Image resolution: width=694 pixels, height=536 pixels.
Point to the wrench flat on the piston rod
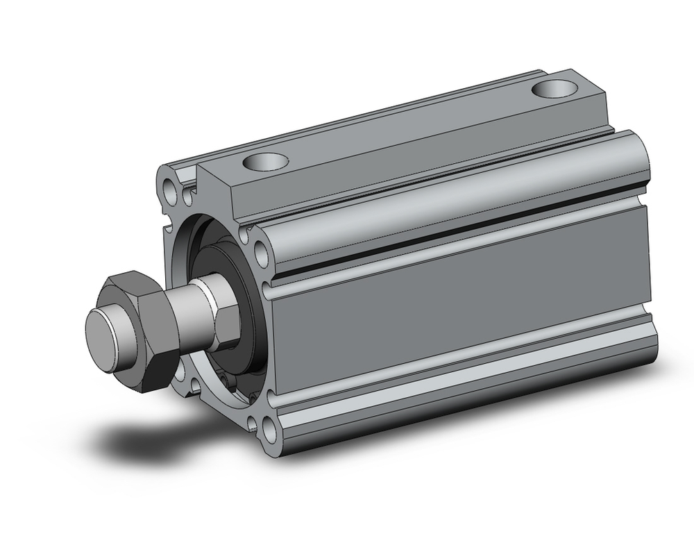pos(223,317)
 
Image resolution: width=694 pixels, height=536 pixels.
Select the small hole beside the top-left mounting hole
pos(188,197)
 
